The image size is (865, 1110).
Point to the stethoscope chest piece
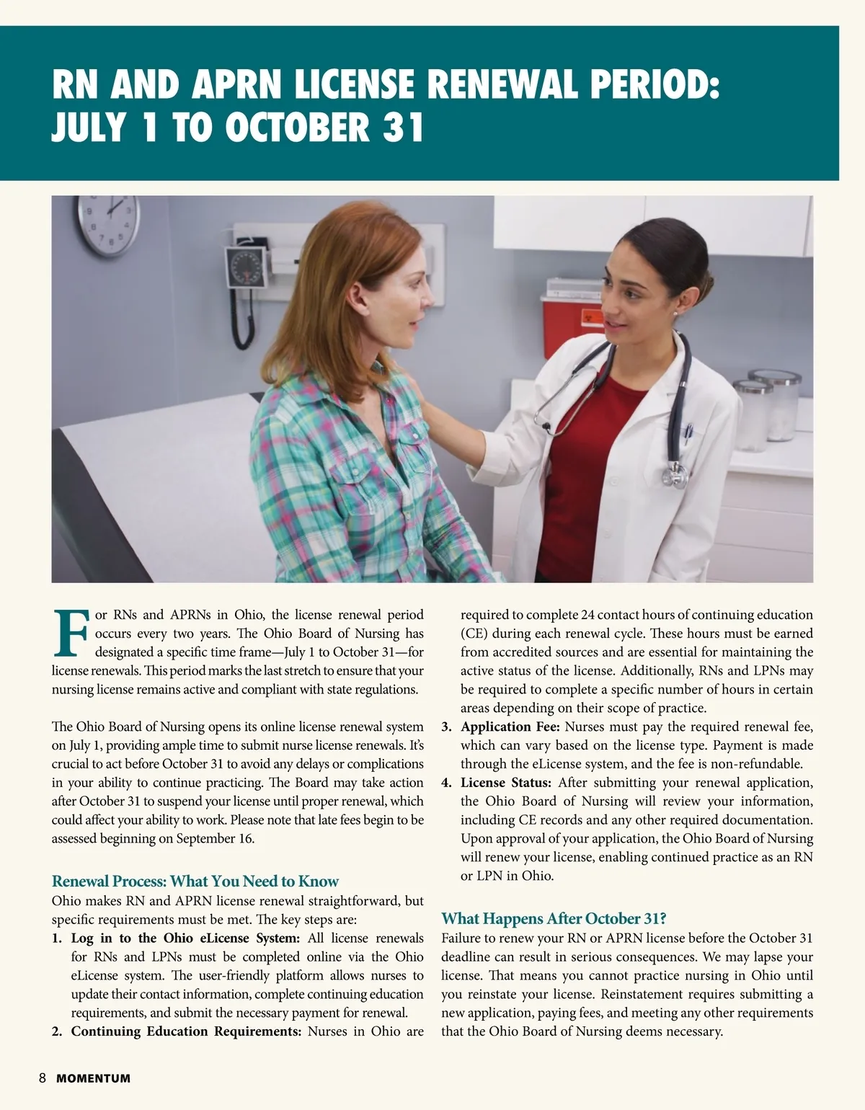pyautogui.click(x=675, y=474)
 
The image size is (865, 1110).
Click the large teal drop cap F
pyautogui.click(x=71, y=634)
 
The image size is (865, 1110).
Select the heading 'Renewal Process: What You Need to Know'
pyautogui.click(x=195, y=881)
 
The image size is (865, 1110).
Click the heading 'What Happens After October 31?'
pyautogui.click(x=554, y=918)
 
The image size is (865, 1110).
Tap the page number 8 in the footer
pyautogui.click(x=43, y=1078)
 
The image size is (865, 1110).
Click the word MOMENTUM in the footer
pyautogui.click(x=94, y=1079)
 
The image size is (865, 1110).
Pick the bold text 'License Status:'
pyautogui.click(x=506, y=782)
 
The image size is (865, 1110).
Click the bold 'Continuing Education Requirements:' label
pyautogui.click(x=186, y=1031)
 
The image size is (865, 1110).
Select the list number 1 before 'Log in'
pyautogui.click(x=57, y=938)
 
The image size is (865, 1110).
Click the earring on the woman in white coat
pyautogui.click(x=674, y=314)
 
